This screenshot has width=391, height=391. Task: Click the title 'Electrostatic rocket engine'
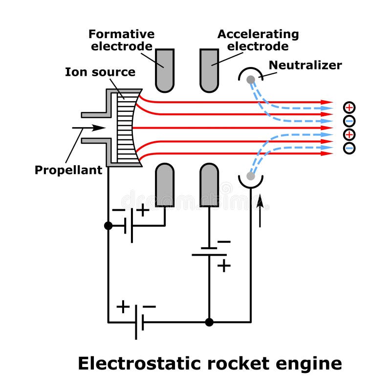pos(210,364)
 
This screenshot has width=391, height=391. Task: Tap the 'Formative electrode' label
pos(121,41)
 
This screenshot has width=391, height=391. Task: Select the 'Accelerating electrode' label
pos(258,41)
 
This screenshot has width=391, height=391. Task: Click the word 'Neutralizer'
pos(305,65)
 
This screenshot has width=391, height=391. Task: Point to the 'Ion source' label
pos(100,72)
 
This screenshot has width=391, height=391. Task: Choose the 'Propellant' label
pos(68,170)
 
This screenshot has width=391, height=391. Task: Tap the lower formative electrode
pos(164,185)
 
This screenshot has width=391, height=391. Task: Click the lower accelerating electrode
pos(209,185)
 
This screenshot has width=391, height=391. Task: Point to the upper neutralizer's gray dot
pos(251,79)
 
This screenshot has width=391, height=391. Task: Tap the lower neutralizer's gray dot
pos(251,175)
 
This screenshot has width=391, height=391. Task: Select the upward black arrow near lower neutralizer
pos(260,210)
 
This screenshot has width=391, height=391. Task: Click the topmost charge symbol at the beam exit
pos(349,108)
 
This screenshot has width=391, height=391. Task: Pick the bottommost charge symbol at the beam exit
pos(349,148)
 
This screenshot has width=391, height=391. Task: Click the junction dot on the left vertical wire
pos(108,226)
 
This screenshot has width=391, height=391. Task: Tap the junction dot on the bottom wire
pos(209,322)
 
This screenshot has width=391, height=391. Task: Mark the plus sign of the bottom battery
pos(123,307)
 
